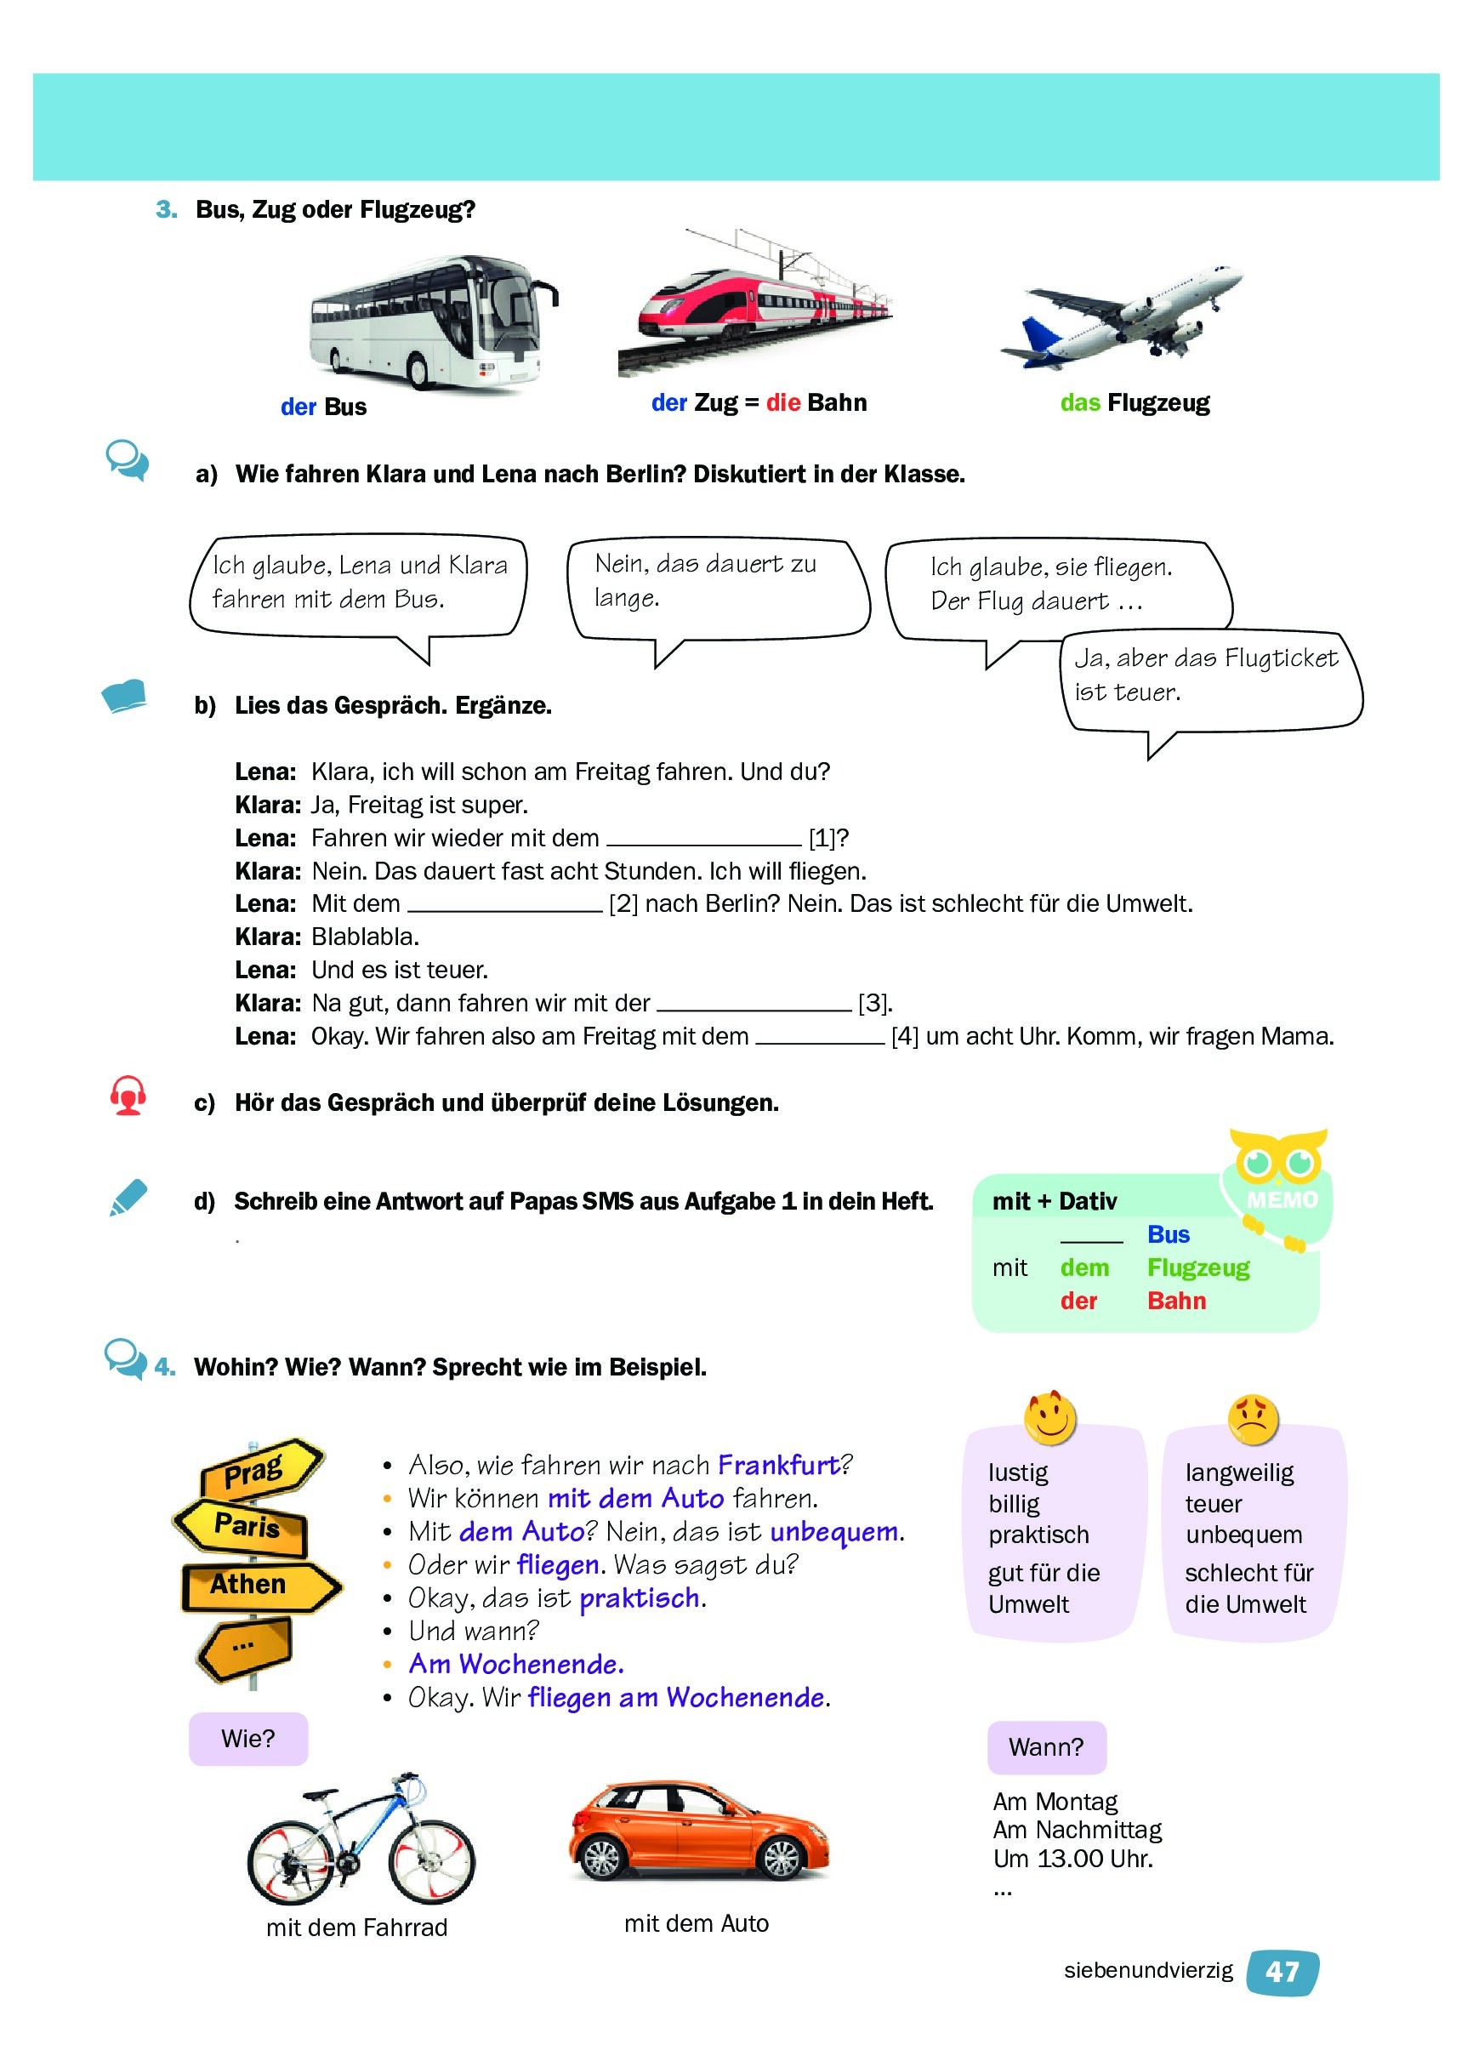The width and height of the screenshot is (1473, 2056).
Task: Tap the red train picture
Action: tap(754, 308)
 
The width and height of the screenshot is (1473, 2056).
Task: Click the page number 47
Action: tap(1281, 1972)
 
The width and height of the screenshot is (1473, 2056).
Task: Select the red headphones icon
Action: tap(128, 1095)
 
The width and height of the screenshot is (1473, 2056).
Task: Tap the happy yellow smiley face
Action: tap(1049, 1417)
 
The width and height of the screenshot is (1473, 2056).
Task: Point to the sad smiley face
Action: tap(1253, 1419)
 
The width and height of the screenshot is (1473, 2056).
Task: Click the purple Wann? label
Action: tap(1046, 1746)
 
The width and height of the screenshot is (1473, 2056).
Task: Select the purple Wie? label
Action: tap(247, 1738)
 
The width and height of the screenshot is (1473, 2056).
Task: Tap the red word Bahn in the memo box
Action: tap(1175, 1300)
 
